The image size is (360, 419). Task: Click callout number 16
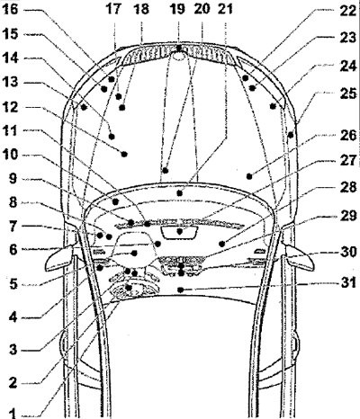[10, 9]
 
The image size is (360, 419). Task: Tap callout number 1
[13, 413]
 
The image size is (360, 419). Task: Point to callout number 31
[348, 282]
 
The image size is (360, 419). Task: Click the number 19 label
[177, 9]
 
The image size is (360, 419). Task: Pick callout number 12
[10, 107]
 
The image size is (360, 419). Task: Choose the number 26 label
[348, 136]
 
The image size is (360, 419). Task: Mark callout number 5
[13, 284]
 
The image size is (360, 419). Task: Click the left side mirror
[58, 257]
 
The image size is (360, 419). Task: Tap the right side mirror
[301, 257]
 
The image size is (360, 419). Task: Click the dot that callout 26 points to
[249, 176]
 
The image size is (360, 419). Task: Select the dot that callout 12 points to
[124, 154]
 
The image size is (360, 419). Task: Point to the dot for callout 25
[291, 135]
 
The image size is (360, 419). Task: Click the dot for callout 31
[180, 290]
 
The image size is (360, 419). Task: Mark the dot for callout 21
[179, 193]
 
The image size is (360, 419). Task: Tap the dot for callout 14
[84, 107]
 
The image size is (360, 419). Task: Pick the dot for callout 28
[221, 244]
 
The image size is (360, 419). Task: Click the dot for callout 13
[112, 137]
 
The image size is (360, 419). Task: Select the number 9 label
[13, 179]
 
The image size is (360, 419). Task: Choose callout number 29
[348, 216]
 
